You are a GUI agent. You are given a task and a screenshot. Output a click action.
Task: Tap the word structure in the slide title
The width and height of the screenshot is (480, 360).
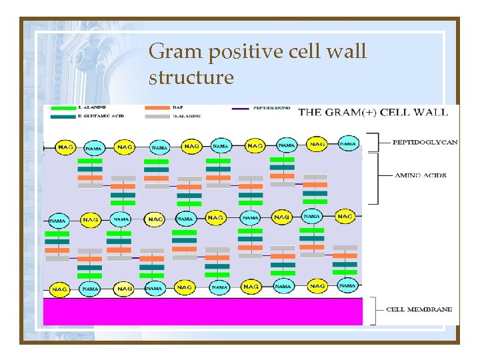191,77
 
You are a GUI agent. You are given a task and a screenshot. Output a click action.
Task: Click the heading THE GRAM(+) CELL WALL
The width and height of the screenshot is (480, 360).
373,111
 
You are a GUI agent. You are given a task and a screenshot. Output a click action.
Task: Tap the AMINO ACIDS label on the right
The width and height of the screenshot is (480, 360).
419,176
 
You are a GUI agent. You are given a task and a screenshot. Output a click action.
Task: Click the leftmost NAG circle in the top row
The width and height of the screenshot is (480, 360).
63,146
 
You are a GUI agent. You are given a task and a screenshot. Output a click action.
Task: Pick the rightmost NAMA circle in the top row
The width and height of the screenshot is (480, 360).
348,143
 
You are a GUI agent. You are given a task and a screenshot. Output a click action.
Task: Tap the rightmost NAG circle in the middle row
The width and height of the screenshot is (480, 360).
345,216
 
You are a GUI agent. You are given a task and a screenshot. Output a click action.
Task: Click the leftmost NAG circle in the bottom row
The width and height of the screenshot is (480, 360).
59,289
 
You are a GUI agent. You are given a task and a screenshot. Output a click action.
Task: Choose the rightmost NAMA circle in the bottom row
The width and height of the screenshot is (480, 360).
347,285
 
